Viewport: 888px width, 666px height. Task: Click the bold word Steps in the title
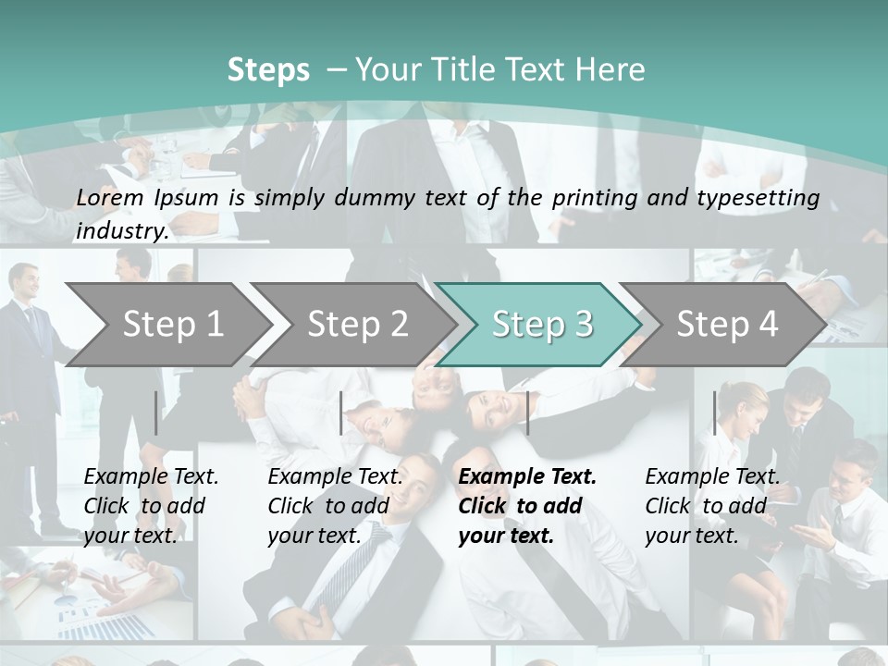click(x=268, y=69)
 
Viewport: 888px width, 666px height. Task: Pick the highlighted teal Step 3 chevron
click(x=541, y=324)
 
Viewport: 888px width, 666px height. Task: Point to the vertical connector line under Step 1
click(x=156, y=413)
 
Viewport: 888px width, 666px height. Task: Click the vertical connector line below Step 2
click(x=341, y=413)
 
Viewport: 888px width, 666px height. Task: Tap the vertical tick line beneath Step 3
click(x=527, y=413)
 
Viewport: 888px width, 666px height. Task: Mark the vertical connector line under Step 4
click(x=714, y=413)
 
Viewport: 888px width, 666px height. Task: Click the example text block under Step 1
click(x=151, y=506)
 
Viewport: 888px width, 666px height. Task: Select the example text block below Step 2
click(x=335, y=506)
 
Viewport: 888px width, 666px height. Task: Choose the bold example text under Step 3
click(x=527, y=506)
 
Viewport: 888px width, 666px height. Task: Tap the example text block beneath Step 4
click(x=712, y=506)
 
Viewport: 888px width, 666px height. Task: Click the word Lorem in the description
click(x=110, y=197)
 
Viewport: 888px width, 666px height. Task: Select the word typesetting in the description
click(x=765, y=197)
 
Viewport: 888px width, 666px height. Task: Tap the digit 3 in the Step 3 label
click(x=583, y=324)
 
